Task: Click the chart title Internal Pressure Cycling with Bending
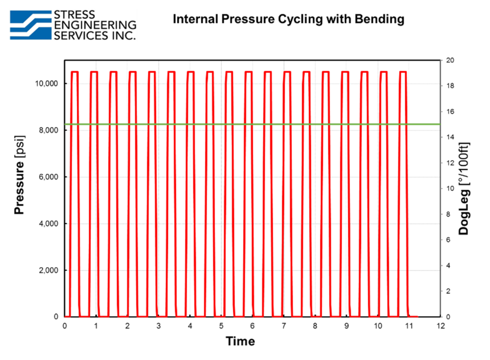288,19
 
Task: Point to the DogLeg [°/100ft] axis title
464,188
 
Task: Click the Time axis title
240,341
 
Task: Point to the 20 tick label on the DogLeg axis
450,60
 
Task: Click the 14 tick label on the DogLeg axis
450,137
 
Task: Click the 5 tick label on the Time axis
221,326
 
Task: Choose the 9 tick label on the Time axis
346,326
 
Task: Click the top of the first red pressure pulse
74,72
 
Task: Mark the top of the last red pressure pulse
403,72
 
